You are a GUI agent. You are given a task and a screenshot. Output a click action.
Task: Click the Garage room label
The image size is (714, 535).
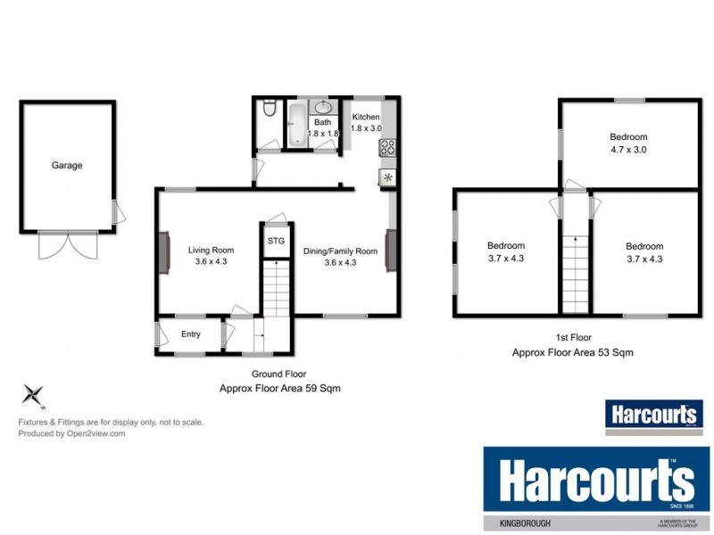(x=67, y=165)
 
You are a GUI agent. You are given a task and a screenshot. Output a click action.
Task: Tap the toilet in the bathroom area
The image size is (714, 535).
(x=269, y=110)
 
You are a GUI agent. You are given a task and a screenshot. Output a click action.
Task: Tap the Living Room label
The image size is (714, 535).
(x=211, y=251)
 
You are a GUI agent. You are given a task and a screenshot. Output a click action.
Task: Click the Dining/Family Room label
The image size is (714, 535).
(x=340, y=251)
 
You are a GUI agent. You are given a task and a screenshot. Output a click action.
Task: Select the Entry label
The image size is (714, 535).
(x=191, y=334)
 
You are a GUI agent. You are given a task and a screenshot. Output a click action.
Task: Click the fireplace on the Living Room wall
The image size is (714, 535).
(x=164, y=253)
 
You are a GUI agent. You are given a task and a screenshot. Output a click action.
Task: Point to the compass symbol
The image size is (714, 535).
(x=34, y=393)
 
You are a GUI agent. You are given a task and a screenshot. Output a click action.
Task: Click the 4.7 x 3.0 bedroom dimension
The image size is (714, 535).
(x=628, y=150)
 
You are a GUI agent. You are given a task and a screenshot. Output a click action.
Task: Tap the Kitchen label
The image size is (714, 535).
(x=366, y=117)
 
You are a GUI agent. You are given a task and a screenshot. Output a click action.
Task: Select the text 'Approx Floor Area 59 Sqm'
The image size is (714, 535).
(x=279, y=388)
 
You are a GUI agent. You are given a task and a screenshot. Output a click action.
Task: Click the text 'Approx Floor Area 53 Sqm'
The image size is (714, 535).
(x=572, y=352)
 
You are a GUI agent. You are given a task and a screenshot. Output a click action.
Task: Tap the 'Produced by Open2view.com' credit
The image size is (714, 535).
(x=71, y=434)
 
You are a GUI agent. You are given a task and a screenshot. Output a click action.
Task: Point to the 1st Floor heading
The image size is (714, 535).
(x=572, y=339)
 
